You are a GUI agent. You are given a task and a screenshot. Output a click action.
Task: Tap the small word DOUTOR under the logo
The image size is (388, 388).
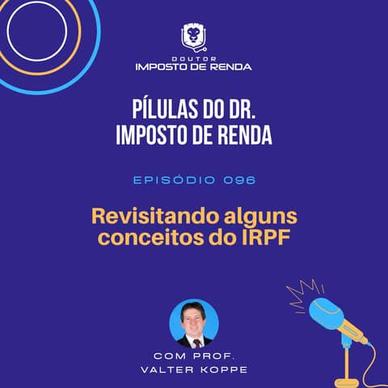pos(193,58)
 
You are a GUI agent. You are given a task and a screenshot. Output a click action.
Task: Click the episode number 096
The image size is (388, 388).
pos(240,180)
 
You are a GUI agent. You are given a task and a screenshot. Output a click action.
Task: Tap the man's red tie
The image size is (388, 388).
pos(196,342)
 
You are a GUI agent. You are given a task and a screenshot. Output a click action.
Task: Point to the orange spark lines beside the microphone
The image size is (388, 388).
pos(306,289)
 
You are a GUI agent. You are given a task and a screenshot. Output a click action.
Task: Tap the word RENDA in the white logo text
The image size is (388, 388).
pos(232,66)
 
